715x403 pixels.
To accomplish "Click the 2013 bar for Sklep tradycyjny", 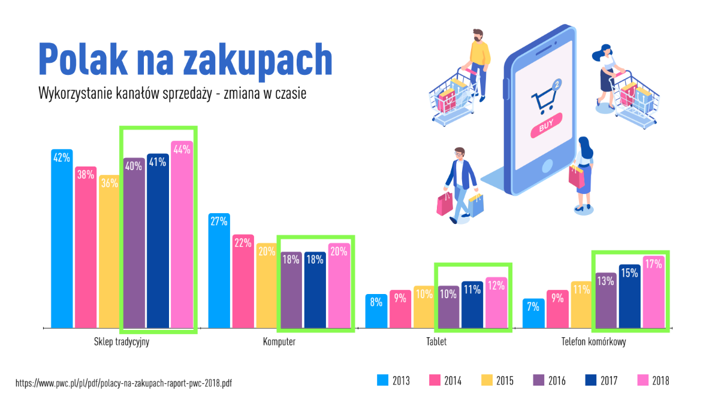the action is tap(62, 238).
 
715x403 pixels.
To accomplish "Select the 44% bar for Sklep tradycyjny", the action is tap(182, 235).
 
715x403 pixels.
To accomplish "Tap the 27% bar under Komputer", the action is tap(219, 271).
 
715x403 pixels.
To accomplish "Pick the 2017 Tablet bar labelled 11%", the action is tap(472, 305).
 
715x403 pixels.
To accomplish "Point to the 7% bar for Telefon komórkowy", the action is tap(533, 313).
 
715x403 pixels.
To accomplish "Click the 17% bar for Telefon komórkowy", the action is tap(653, 292).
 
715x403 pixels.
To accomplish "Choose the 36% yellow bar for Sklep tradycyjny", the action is tap(110, 252).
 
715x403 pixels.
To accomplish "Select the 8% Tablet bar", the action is tap(376, 311).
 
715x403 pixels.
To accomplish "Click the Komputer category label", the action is tap(279, 342).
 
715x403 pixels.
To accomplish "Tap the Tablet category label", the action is tap(436, 342).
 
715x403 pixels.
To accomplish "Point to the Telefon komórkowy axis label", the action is tap(594, 342).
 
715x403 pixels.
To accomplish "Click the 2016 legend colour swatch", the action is tap(539, 380).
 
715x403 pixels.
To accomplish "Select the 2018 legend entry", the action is tap(653, 380).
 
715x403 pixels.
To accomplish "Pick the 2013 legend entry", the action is tap(394, 380).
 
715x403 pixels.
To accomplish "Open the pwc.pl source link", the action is tap(123, 383).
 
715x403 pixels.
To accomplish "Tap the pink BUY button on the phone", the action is tap(546, 125).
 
